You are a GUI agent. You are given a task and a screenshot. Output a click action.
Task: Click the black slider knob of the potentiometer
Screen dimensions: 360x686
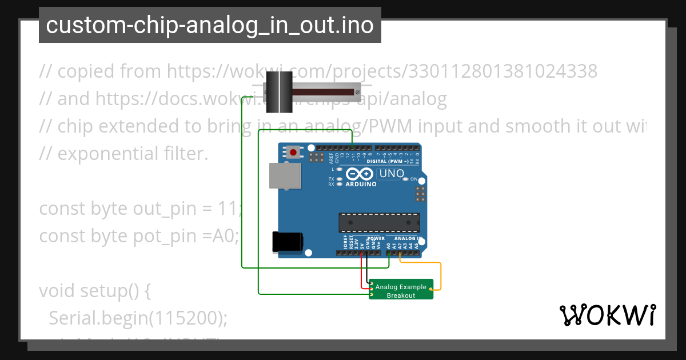[x=280, y=92]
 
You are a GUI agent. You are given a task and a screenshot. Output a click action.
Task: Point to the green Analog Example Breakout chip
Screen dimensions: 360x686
[x=401, y=289]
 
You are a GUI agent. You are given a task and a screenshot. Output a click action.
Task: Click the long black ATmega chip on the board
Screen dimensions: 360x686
[x=379, y=222]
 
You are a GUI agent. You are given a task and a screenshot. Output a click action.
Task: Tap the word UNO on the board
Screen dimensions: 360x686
[x=392, y=173]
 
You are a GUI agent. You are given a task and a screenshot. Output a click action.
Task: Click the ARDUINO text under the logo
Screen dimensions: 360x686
[x=361, y=185]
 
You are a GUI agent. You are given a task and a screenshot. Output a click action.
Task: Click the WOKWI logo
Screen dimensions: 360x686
[x=607, y=315]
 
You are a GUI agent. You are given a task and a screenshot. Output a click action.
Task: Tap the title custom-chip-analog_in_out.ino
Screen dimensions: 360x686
[x=210, y=25]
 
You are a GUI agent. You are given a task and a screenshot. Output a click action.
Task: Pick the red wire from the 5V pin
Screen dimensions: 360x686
[x=361, y=271]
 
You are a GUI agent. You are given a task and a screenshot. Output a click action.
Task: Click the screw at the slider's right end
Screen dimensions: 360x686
[x=357, y=91]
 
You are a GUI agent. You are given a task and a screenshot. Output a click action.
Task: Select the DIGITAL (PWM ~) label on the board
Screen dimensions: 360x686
[x=387, y=161]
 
